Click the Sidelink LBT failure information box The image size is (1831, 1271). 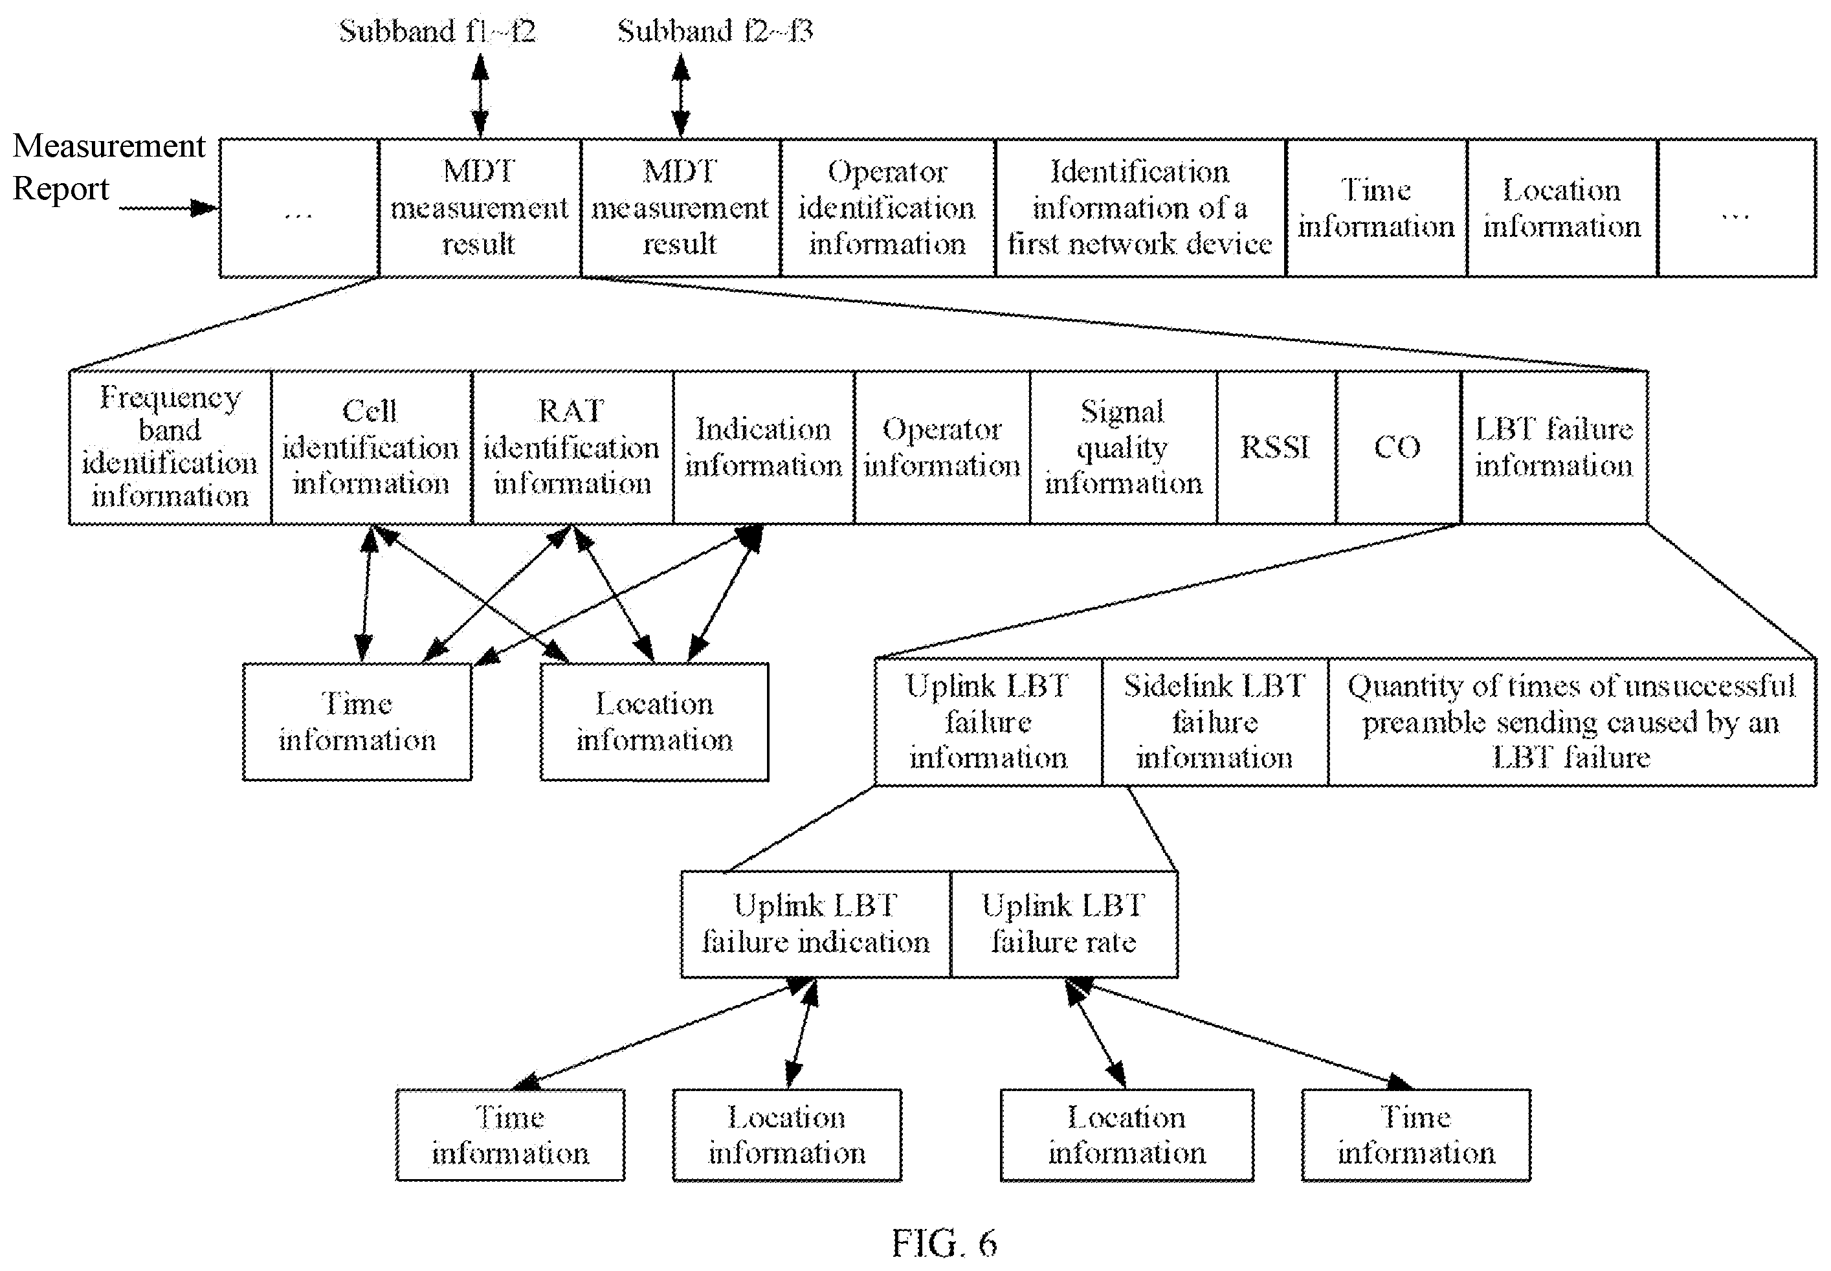pyautogui.click(x=1215, y=722)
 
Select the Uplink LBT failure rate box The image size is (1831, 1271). pyautogui.click(x=1064, y=923)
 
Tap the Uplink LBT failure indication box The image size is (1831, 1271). pyautogui.click(x=816, y=923)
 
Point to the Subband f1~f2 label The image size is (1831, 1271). pyautogui.click(x=438, y=32)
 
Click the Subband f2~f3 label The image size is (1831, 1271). pyautogui.click(x=715, y=32)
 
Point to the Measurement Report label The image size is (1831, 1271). pyautogui.click(x=109, y=167)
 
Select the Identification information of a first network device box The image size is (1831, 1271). pyautogui.click(x=1140, y=208)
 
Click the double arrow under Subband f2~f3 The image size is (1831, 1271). pyautogui.click(x=680, y=96)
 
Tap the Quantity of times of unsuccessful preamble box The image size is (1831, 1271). pyautogui.click(x=1572, y=722)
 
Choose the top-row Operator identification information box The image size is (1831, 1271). pyautogui.click(x=887, y=208)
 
